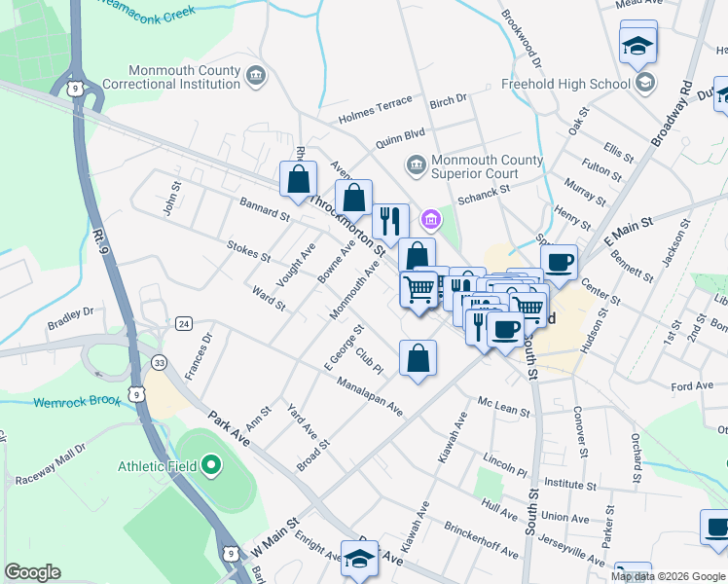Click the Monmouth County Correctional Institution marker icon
[256, 75]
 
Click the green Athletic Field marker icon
[212, 466]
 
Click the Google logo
[33, 571]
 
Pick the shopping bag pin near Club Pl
[418, 357]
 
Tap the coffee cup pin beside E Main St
[559, 261]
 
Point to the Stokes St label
[248, 251]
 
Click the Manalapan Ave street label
[370, 393]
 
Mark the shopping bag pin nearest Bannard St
[299, 179]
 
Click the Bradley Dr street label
[70, 316]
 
